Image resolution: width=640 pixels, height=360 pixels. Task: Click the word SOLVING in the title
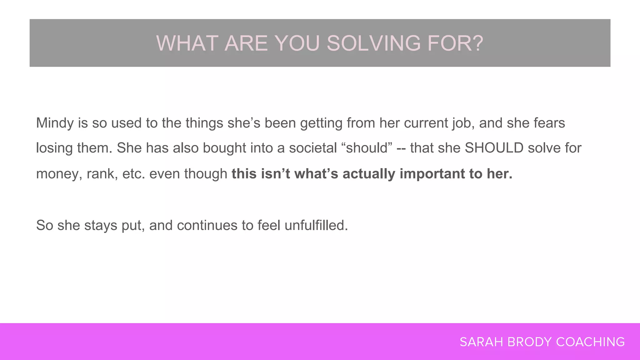[x=374, y=43]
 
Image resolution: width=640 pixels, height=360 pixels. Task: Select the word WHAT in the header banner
[x=187, y=43]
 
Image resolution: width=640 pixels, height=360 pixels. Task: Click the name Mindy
[x=55, y=123]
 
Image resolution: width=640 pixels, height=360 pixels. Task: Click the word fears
[x=549, y=123]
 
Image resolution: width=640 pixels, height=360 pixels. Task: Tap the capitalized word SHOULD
[x=494, y=148]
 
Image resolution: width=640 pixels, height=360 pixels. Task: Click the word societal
[x=313, y=148]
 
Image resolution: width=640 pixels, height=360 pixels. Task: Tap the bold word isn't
[x=275, y=174]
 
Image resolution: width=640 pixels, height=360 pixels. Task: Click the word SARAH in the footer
[x=481, y=342]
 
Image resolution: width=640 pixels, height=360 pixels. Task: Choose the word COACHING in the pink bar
[x=590, y=342]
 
